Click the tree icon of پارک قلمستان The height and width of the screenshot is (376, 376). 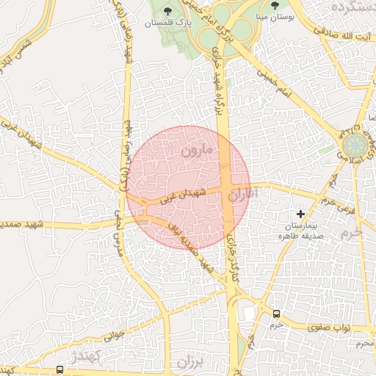pyautogui.click(x=168, y=11)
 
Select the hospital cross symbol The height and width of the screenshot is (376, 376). pyautogui.click(x=300, y=213)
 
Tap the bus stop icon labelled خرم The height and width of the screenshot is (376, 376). pyautogui.click(x=276, y=313)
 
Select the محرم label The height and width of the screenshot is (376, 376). pyautogui.click(x=365, y=343)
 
